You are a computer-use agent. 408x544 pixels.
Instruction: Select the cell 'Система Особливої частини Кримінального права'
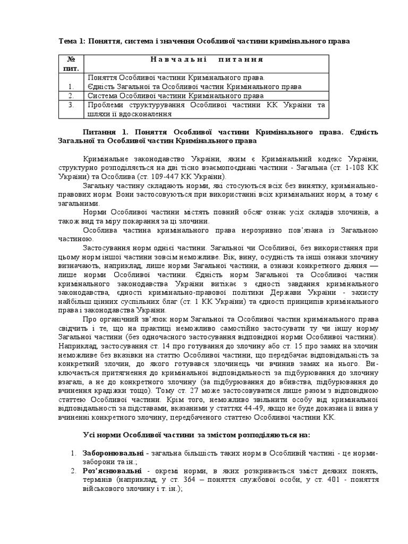click(175, 96)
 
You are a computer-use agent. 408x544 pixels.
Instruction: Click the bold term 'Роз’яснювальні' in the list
click(112, 471)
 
